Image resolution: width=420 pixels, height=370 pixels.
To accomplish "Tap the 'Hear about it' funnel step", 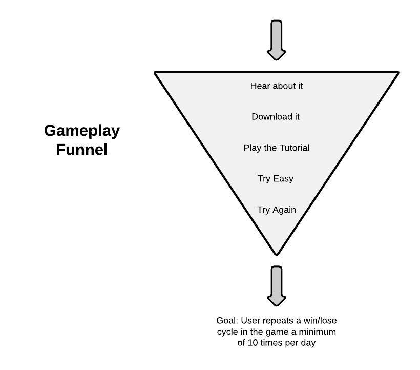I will [x=277, y=86].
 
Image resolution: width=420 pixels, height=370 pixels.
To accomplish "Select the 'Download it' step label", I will [x=276, y=117].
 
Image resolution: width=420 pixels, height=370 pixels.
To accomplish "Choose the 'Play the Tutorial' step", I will [x=277, y=148].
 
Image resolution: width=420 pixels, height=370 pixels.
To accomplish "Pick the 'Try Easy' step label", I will [x=276, y=179].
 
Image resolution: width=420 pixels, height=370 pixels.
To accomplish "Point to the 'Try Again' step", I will [x=277, y=210].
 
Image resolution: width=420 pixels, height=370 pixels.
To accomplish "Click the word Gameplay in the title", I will [x=82, y=131].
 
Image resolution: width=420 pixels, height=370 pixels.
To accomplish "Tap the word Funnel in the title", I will [x=82, y=150].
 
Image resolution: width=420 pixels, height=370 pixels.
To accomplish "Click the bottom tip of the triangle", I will [x=277, y=253].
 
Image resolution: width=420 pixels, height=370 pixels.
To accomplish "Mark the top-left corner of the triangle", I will [x=156, y=73].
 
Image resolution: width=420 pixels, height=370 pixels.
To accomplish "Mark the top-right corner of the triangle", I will [x=397, y=73].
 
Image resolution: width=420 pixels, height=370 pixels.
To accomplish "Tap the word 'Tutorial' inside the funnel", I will [x=294, y=148].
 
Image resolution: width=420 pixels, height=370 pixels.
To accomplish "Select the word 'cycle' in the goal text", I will [x=227, y=332].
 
